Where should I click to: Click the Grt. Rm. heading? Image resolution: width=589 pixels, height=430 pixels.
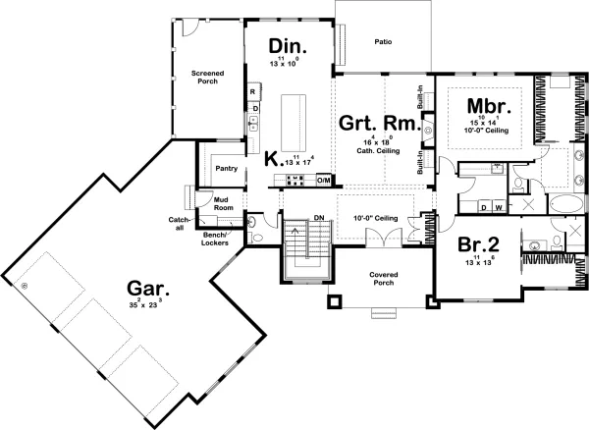click(379, 125)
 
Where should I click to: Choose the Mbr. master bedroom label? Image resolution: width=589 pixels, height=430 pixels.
click(486, 106)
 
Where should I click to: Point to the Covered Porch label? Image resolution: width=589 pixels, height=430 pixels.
click(382, 278)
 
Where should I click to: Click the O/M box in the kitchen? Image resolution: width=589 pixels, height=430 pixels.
click(323, 181)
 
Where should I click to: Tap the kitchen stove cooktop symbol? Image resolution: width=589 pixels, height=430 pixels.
click(293, 181)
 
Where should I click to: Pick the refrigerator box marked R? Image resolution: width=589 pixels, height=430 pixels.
click(253, 92)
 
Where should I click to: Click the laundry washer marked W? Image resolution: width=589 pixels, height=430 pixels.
click(499, 207)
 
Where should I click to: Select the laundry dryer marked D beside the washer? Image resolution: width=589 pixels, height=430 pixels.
click(483, 207)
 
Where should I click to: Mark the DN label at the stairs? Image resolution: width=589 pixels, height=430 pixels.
click(318, 218)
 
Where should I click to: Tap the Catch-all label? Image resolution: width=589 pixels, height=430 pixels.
click(179, 222)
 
